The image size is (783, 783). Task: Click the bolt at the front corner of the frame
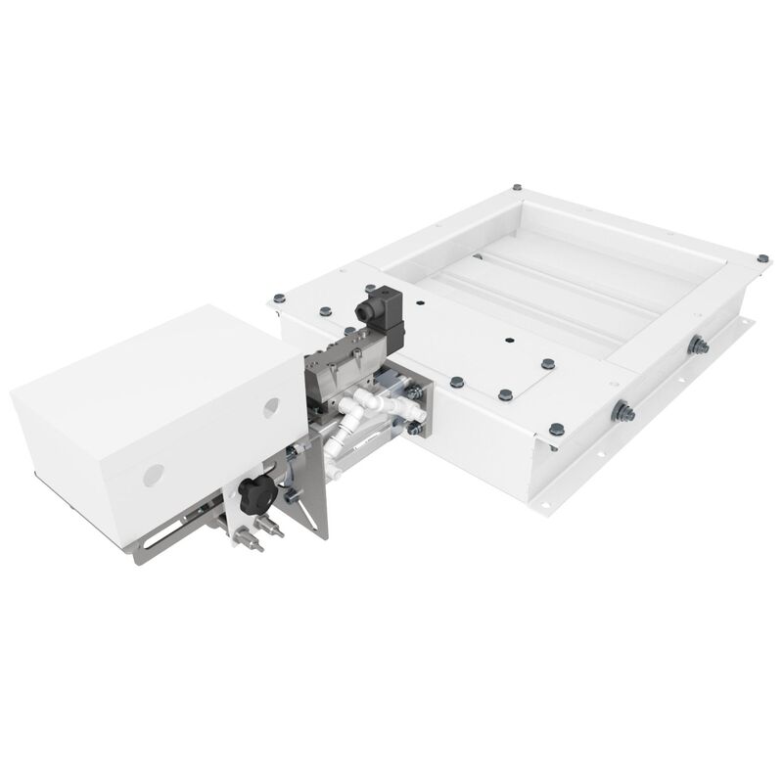(555, 428)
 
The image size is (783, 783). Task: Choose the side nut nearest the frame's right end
(697, 344)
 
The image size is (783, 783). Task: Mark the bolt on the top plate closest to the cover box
(278, 296)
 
